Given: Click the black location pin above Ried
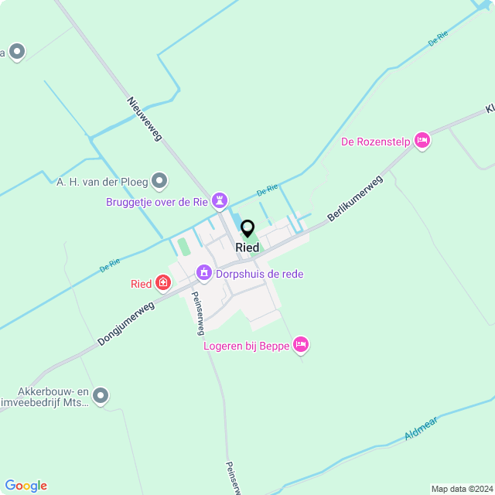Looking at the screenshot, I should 247,229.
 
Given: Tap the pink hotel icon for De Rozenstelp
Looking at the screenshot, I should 422,140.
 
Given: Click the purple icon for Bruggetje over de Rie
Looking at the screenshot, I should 220,201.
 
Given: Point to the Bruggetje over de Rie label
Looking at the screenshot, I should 157,202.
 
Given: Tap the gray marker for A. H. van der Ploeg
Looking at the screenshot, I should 160,181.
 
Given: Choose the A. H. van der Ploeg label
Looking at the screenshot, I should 101,182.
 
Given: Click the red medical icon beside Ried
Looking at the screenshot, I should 163,283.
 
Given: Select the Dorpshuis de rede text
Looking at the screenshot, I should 260,273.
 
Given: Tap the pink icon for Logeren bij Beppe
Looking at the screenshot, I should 302,344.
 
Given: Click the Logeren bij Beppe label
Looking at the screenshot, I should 245,345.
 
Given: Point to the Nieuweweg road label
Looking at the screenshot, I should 144,119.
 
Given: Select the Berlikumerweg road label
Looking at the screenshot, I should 355,198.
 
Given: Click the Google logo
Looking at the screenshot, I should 26,486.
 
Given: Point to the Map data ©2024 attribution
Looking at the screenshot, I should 461,489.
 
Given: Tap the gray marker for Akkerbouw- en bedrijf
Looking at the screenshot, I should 101,397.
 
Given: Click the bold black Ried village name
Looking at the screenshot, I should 247,247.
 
